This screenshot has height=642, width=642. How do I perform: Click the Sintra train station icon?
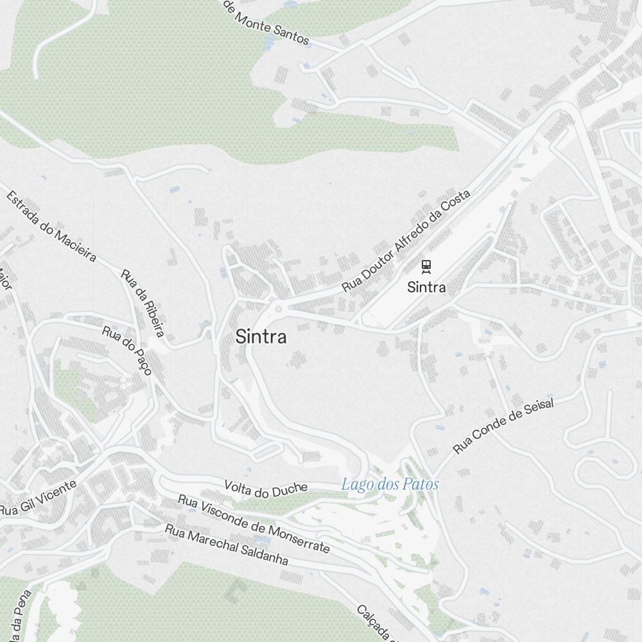pyautogui.click(x=426, y=266)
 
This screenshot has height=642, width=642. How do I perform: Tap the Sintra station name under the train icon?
pyautogui.click(x=426, y=287)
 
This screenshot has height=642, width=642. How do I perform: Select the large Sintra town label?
pyautogui.click(x=261, y=336)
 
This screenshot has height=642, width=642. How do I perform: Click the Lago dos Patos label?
pyautogui.click(x=390, y=484)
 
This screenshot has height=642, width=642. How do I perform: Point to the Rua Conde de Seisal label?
pyautogui.click(x=503, y=425)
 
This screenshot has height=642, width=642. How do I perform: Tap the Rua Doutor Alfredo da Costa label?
pyautogui.click(x=406, y=241)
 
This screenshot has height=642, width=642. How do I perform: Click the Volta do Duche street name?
pyautogui.click(x=266, y=489)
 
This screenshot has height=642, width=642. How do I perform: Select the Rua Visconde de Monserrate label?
pyautogui.click(x=254, y=524)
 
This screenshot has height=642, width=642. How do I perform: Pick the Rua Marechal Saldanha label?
pyautogui.click(x=226, y=544)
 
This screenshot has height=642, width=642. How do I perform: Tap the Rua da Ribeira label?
pyautogui.click(x=143, y=302)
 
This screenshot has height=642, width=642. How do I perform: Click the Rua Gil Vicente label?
pyautogui.click(x=38, y=498)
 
